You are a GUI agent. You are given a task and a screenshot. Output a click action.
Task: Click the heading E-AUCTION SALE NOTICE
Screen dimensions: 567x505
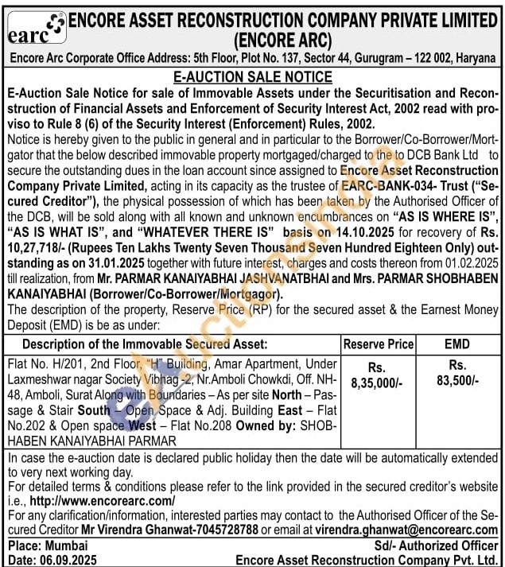[252, 77]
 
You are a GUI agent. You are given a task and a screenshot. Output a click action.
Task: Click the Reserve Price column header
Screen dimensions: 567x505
[379, 344]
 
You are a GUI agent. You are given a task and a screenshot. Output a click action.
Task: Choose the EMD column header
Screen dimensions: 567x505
[458, 344]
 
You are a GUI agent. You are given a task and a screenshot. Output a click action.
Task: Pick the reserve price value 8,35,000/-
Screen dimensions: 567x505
[377, 382]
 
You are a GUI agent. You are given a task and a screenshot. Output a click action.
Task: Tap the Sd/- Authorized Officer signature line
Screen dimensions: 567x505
[436, 546]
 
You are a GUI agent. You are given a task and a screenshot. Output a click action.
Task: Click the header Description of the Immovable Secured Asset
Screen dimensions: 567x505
[145, 344]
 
